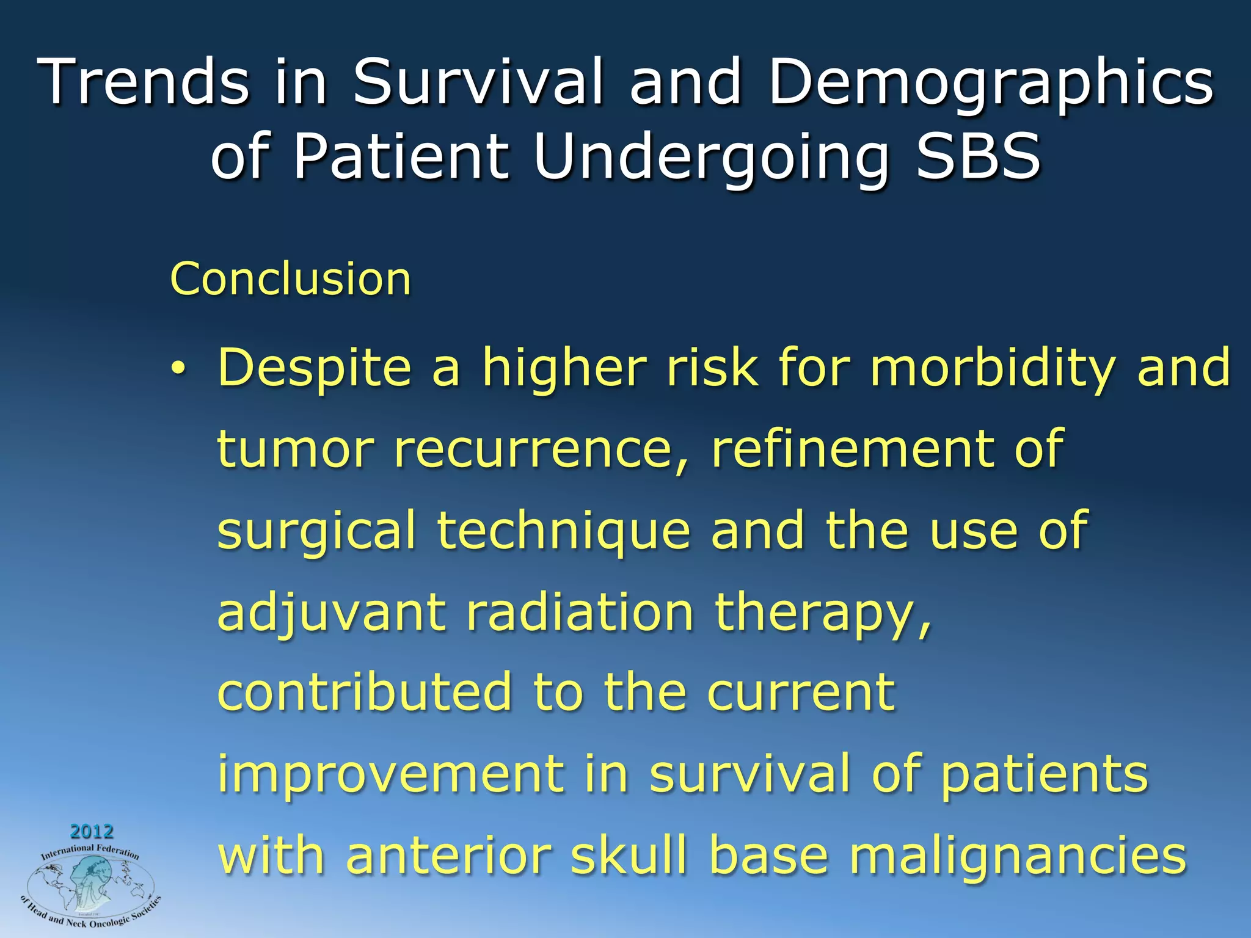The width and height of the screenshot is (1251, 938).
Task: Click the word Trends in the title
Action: point(144,82)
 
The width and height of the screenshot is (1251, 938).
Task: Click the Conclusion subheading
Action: point(291,279)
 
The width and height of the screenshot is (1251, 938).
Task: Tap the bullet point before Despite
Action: point(177,368)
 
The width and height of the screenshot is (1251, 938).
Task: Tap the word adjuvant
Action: point(332,613)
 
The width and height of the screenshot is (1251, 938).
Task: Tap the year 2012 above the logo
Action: point(92,831)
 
